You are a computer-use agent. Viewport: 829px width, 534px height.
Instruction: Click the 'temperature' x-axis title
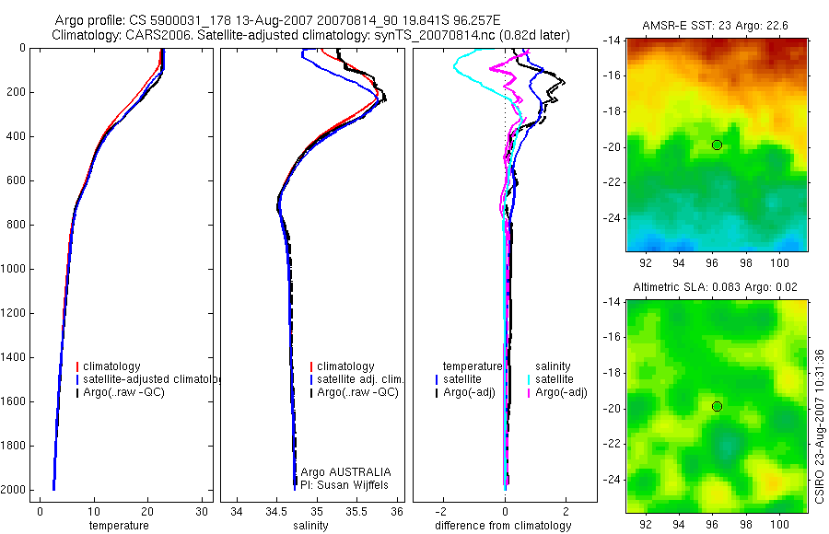118,526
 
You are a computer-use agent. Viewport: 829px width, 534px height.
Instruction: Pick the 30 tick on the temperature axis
203,511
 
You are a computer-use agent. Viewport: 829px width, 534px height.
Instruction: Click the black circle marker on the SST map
717,145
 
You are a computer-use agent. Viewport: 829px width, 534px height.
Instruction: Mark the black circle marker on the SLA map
717,406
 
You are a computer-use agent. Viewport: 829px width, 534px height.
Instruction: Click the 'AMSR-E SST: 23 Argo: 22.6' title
717,26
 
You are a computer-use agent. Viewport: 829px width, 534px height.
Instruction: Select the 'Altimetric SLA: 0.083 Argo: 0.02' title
717,288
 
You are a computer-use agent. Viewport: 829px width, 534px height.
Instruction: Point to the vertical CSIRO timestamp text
819,426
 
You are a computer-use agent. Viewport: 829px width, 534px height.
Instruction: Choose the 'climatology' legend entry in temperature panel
115,366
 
